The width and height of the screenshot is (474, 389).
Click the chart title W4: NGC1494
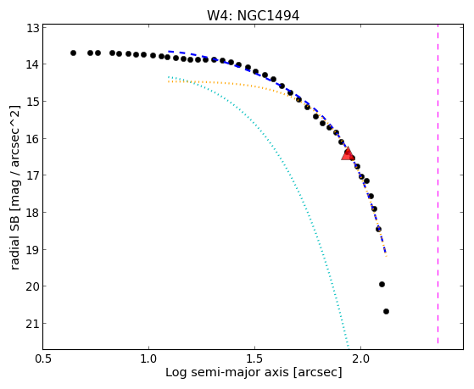[x=253, y=16]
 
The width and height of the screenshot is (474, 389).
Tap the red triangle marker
[x=348, y=153]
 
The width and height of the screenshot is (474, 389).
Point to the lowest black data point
[x=386, y=311]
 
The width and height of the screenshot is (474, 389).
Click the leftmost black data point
[x=73, y=53]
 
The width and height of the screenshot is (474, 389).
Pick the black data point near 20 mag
[x=382, y=284]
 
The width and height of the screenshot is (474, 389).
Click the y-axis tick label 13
[x=33, y=29]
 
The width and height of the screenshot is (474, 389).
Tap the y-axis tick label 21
[x=33, y=324]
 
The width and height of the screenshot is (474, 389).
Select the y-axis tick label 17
[x=33, y=175]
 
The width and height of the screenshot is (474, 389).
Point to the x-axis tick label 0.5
[x=43, y=359]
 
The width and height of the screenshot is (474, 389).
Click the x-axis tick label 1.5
[x=255, y=359]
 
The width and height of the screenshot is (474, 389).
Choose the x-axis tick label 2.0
[x=361, y=359]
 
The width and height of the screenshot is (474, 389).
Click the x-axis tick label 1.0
[x=148, y=359]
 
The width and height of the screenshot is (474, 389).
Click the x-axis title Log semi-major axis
[x=227, y=372]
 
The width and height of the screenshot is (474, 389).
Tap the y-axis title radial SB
[x=14, y=241]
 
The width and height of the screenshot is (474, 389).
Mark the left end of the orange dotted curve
[x=169, y=81]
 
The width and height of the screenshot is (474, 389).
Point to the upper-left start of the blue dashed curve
[x=169, y=52]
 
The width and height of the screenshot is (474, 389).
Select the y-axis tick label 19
[x=33, y=250]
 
